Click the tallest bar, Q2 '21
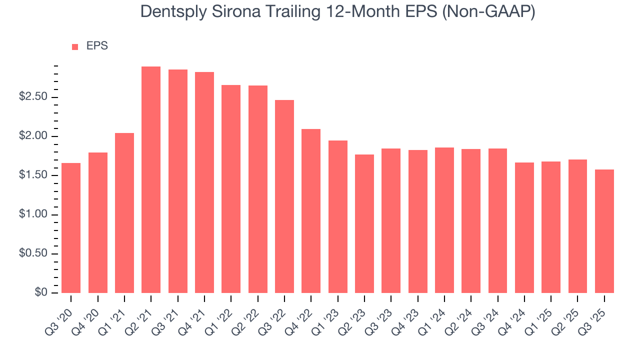pos(151,180)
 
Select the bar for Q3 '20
pos(71,228)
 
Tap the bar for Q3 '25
pos(604,231)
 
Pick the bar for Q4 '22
pos(311,211)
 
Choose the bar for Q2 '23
pos(364,223)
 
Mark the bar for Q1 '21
pos(124,213)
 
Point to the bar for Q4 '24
pos(524,227)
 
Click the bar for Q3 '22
pos(284,196)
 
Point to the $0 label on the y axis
pos(41,293)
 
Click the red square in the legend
pos(75,47)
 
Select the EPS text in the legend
pos(97,46)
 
